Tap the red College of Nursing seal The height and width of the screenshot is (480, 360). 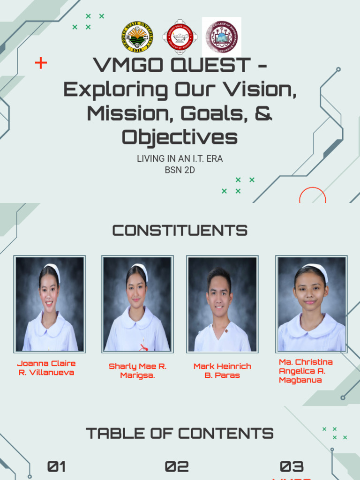[180, 37]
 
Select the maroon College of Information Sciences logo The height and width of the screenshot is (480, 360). [221, 37]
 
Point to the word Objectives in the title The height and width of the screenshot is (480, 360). [180, 137]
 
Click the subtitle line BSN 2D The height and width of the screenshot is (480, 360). [180, 170]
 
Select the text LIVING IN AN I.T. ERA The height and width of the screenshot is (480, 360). [180, 159]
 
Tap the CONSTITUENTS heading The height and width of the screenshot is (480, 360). [180, 231]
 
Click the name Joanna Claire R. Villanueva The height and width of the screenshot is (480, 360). [46, 368]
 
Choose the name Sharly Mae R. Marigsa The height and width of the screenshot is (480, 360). [137, 371]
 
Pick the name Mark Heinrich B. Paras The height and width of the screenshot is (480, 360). [222, 371]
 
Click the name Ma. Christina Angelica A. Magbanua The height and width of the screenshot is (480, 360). [306, 371]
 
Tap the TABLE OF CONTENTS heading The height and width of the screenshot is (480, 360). [180, 434]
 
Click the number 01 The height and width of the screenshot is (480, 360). [56, 466]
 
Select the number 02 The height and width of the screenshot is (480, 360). [177, 466]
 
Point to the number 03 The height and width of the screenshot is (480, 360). [292, 466]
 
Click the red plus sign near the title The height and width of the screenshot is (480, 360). [41, 63]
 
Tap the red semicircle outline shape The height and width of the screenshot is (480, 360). [312, 195]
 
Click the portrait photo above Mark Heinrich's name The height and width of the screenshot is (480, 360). [222, 304]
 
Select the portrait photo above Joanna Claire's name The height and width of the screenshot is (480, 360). [49, 304]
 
